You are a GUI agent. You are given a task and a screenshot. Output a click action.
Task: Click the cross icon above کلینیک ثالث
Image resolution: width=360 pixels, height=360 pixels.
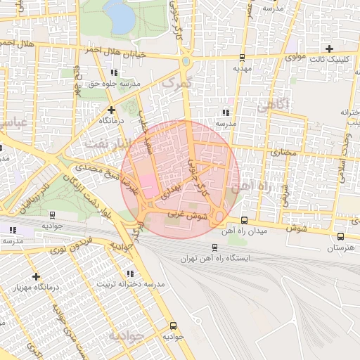pyautogui.click(x=330, y=49)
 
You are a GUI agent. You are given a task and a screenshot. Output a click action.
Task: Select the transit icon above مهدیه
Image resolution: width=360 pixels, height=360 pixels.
pyautogui.click(x=242, y=58)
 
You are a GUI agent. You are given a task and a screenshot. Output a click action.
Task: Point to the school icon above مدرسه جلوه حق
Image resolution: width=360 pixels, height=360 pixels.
pyautogui.click(x=114, y=72)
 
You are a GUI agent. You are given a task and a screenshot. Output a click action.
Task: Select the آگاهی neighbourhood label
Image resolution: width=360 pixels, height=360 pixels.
pyautogui.click(x=274, y=105)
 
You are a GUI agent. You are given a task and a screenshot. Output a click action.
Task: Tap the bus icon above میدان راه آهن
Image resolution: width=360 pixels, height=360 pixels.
pyautogui.click(x=243, y=219)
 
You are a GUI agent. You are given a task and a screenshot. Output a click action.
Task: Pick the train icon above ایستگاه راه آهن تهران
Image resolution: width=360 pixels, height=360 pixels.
pyautogui.click(x=214, y=247)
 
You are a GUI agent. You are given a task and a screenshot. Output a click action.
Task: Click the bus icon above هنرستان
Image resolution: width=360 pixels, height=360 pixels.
pyautogui.click(x=340, y=237)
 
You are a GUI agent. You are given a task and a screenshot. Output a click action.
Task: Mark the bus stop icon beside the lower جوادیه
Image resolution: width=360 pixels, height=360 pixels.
pyautogui.click(x=173, y=326)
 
